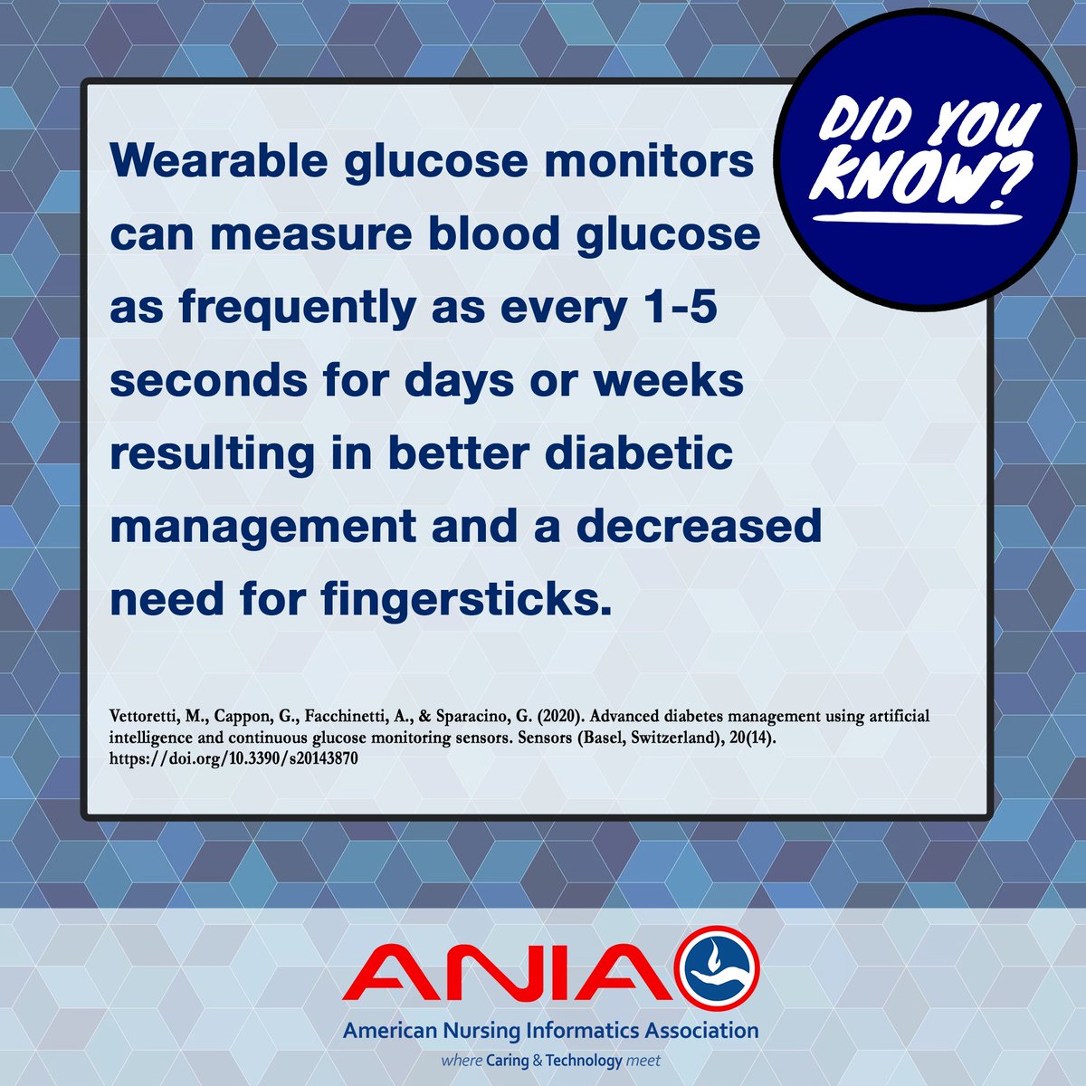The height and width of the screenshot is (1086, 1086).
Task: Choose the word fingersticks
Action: click(462, 599)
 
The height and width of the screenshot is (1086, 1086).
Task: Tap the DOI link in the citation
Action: click(233, 759)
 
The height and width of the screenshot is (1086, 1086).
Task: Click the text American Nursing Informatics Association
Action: click(550, 1031)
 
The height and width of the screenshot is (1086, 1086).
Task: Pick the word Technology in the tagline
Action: click(586, 1060)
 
